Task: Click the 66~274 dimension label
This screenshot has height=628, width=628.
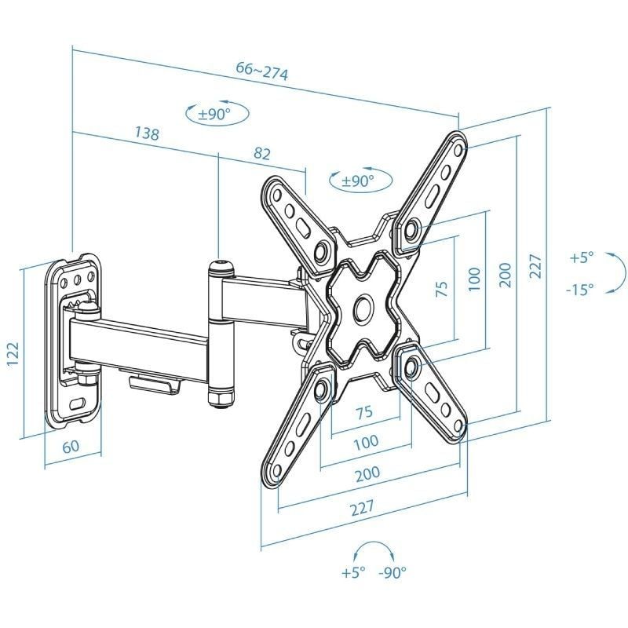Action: (262, 72)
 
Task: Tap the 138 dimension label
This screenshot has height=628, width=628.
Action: (147, 133)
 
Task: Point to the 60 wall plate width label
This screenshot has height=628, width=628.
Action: (71, 447)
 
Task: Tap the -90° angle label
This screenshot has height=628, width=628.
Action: (392, 573)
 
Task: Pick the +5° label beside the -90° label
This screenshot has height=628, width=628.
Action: (354, 573)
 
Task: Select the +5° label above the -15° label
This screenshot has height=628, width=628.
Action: (582, 257)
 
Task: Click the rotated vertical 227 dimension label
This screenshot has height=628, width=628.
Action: (535, 269)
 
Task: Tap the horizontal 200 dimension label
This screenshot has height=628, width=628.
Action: (367, 473)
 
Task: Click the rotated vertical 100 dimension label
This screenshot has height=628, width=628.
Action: (473, 279)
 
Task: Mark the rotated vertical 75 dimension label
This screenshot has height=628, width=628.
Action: (442, 289)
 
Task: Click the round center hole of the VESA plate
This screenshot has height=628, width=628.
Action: (363, 308)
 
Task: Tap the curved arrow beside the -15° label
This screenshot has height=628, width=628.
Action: (617, 274)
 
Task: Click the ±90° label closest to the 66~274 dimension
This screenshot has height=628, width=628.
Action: (214, 115)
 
